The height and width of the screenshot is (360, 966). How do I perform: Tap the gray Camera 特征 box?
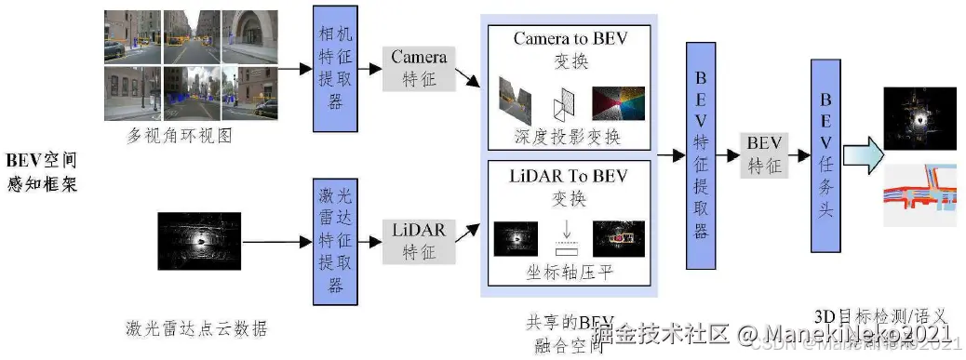(419, 69)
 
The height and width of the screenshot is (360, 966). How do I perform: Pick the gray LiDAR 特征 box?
(419, 238)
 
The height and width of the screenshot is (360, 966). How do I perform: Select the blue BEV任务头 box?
(825, 156)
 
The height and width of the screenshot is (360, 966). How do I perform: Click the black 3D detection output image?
(919, 120)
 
